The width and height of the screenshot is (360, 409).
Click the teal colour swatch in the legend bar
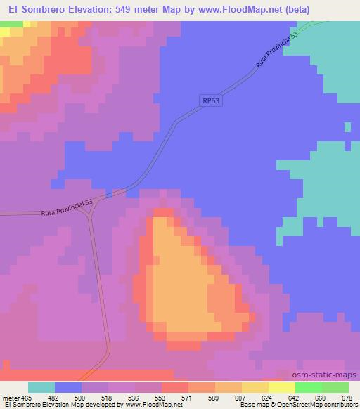pos(41,387)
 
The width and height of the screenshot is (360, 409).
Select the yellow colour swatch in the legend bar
pos(255,387)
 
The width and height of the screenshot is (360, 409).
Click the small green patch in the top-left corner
pos(11,25)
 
